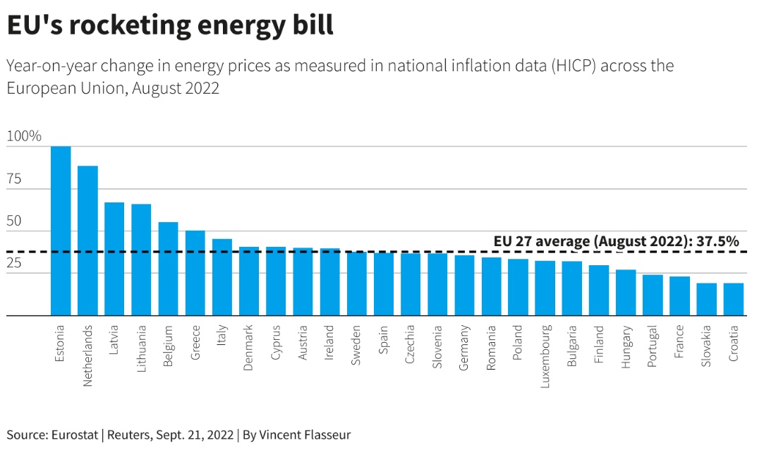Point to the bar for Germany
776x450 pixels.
[464, 286]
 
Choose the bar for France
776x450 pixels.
[679, 296]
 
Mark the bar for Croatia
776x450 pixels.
[734, 300]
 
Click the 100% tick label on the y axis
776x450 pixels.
[24, 136]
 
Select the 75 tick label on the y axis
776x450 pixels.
[15, 178]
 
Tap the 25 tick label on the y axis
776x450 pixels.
[15, 263]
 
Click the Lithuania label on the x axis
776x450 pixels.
[142, 348]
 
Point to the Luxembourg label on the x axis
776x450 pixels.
[545, 356]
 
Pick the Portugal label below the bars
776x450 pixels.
[653, 346]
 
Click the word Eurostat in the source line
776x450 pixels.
[75, 434]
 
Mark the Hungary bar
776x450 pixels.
[626, 293]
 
